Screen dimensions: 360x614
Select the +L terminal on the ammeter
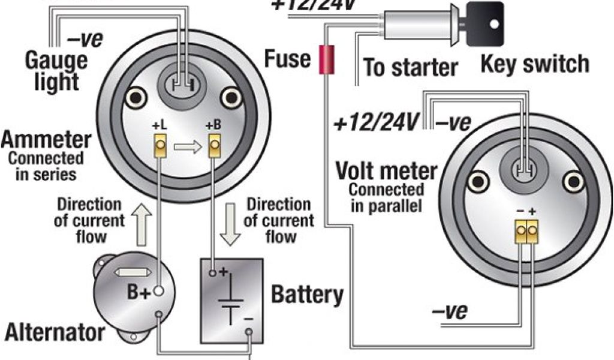[160, 145]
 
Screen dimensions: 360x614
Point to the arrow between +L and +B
[187, 146]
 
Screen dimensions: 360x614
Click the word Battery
[307, 295]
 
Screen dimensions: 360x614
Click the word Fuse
[288, 59]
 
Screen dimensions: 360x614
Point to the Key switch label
[534, 64]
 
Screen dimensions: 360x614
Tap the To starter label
[410, 67]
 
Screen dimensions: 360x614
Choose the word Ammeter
[46, 141]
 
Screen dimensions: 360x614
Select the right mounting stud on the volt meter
[573, 181]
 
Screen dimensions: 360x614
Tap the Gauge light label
[56, 70]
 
